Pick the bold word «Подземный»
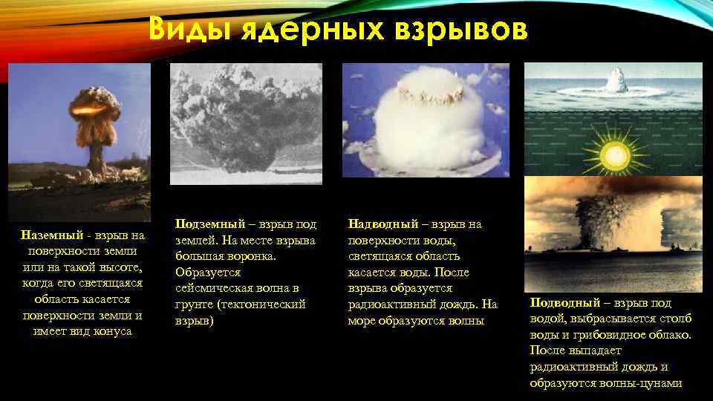point(207,224)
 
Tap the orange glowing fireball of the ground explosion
point(87,112)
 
